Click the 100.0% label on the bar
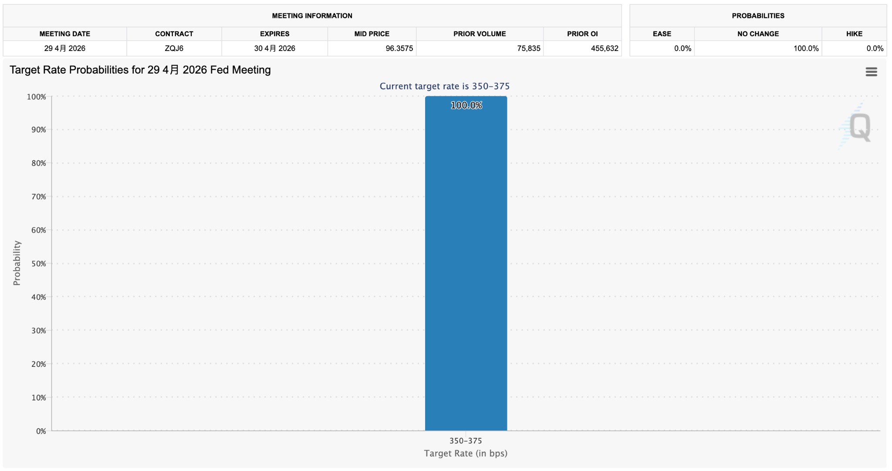pyautogui.click(x=466, y=105)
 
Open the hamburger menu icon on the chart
pyautogui.click(x=871, y=72)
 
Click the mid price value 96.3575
pyautogui.click(x=399, y=48)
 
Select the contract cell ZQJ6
pyautogui.click(x=174, y=48)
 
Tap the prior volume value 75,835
pyautogui.click(x=528, y=48)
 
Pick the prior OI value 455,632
pyautogui.click(x=604, y=48)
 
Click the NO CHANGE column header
pyautogui.click(x=758, y=34)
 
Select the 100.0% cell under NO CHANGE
pyautogui.click(x=806, y=48)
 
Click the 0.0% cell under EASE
pyautogui.click(x=682, y=48)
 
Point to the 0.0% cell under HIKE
pyautogui.click(x=874, y=48)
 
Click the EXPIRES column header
pyautogui.click(x=274, y=34)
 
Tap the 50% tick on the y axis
pyautogui.click(x=38, y=264)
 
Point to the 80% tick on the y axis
pyautogui.click(x=38, y=163)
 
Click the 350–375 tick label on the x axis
pyautogui.click(x=466, y=441)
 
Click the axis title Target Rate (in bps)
pyautogui.click(x=466, y=454)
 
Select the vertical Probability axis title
pyautogui.click(x=17, y=263)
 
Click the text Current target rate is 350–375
pyautogui.click(x=444, y=86)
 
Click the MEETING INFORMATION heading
pyautogui.click(x=312, y=16)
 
